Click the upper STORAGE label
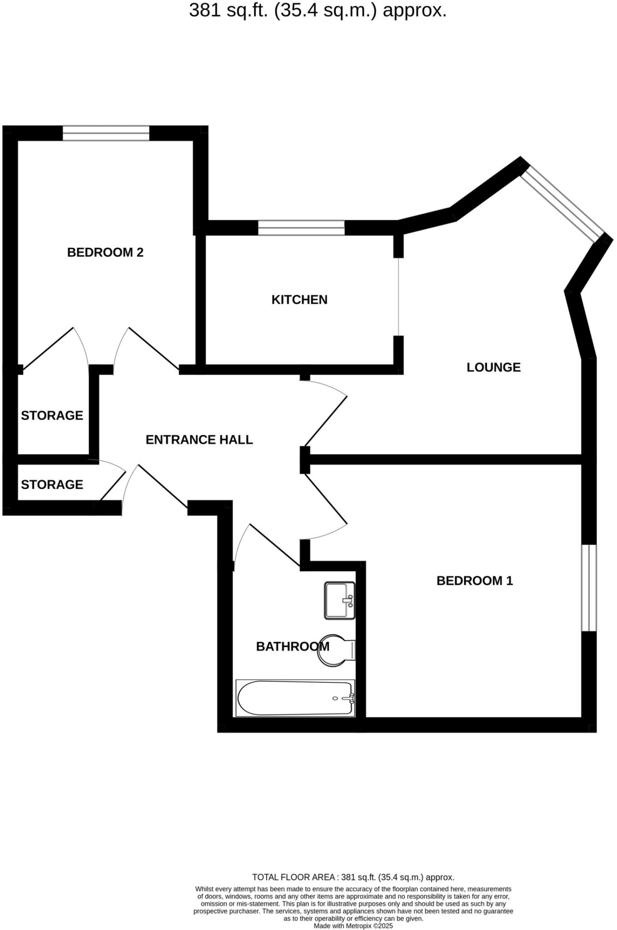pyautogui.click(x=52, y=416)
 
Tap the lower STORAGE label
pyautogui.click(x=52, y=485)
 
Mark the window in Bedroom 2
pyautogui.click(x=106, y=133)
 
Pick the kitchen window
pyautogui.click(x=301, y=228)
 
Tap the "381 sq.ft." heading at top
pyautogui.click(x=318, y=10)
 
